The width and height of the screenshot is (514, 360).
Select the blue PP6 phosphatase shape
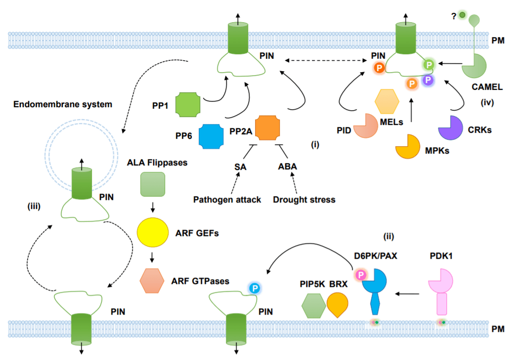[x=212, y=136]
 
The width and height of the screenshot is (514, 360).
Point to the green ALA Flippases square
[x=152, y=185]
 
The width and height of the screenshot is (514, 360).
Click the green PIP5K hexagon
[x=313, y=305]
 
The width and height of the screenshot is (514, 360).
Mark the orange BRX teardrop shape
[x=338, y=304]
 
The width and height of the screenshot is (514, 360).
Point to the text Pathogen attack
[x=227, y=200]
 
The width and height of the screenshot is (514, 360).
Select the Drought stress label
[x=304, y=200]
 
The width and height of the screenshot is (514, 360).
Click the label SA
[x=240, y=166]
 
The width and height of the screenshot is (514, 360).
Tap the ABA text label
[x=287, y=166]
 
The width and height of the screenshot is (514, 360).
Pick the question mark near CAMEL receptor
[x=453, y=16]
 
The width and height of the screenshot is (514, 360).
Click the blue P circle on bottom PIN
[x=255, y=288]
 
